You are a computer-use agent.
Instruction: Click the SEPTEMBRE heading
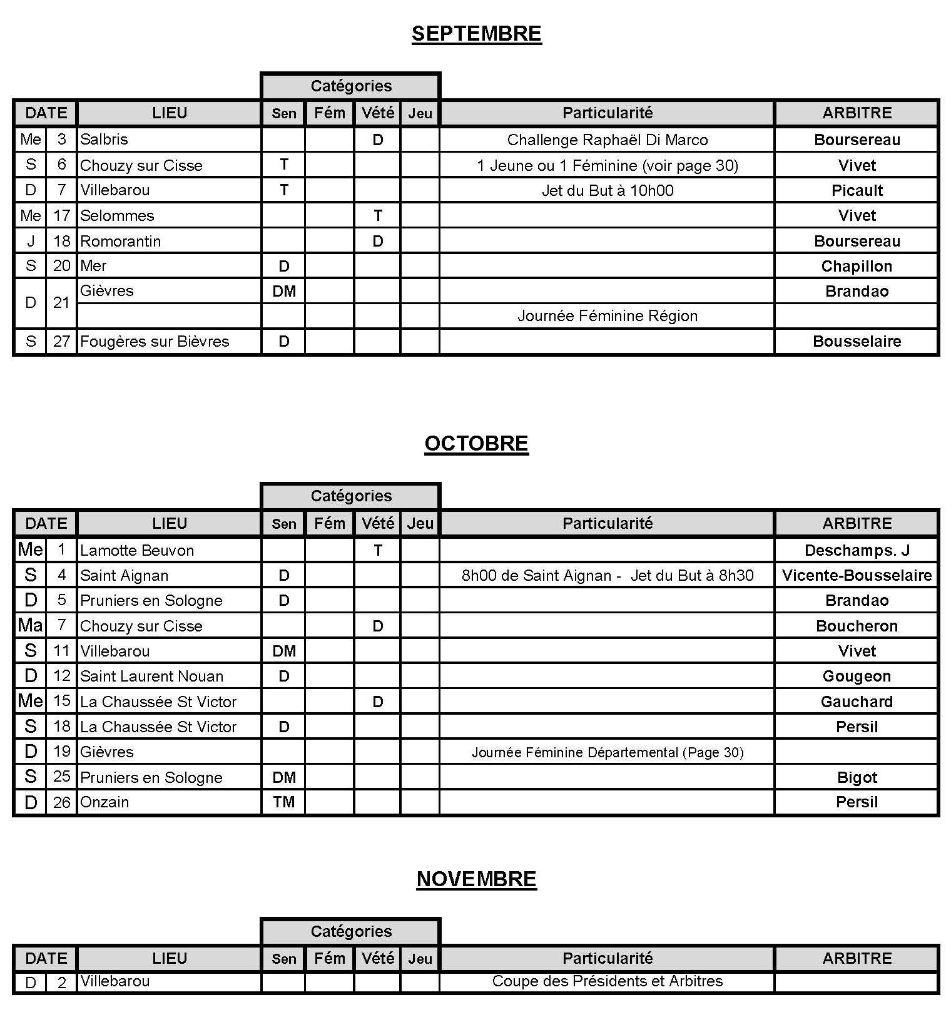pyautogui.click(x=476, y=33)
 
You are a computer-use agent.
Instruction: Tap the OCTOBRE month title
pyautogui.click(x=476, y=443)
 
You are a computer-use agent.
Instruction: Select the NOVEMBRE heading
pyautogui.click(x=476, y=879)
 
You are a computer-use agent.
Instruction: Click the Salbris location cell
pyautogui.click(x=104, y=139)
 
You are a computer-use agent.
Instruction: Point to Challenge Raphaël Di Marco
pyautogui.click(x=607, y=140)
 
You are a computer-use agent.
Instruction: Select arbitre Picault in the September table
pyautogui.click(x=857, y=190)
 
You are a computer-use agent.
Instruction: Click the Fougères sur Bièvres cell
pyautogui.click(x=155, y=341)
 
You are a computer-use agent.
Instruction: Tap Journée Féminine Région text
pyautogui.click(x=607, y=315)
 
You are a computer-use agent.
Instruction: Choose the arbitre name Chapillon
pyautogui.click(x=857, y=266)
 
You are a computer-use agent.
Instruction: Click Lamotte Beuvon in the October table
pyautogui.click(x=137, y=550)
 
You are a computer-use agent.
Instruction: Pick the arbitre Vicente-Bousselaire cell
pyautogui.click(x=857, y=575)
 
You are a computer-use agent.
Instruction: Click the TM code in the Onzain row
pyautogui.click(x=283, y=802)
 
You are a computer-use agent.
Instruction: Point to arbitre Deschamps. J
pyautogui.click(x=857, y=550)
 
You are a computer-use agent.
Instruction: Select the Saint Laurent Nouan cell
pyautogui.click(x=151, y=676)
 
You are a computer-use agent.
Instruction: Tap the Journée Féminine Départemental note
pyautogui.click(x=607, y=752)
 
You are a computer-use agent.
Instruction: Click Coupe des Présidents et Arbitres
pyautogui.click(x=607, y=981)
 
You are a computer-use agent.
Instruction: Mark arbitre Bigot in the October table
pyautogui.click(x=857, y=777)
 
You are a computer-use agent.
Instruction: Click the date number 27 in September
pyautogui.click(x=61, y=341)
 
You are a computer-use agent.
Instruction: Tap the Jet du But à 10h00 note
pyautogui.click(x=607, y=190)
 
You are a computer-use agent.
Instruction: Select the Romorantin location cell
pyautogui.click(x=120, y=241)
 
